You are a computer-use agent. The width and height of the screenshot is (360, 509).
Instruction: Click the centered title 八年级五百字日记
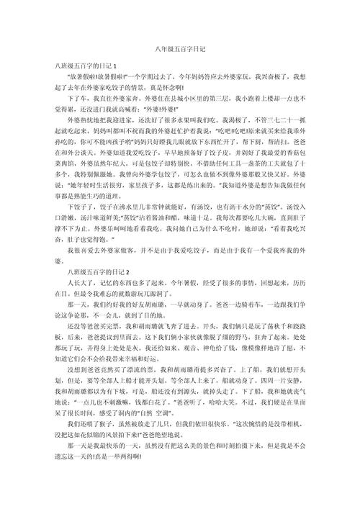pos(180,48)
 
